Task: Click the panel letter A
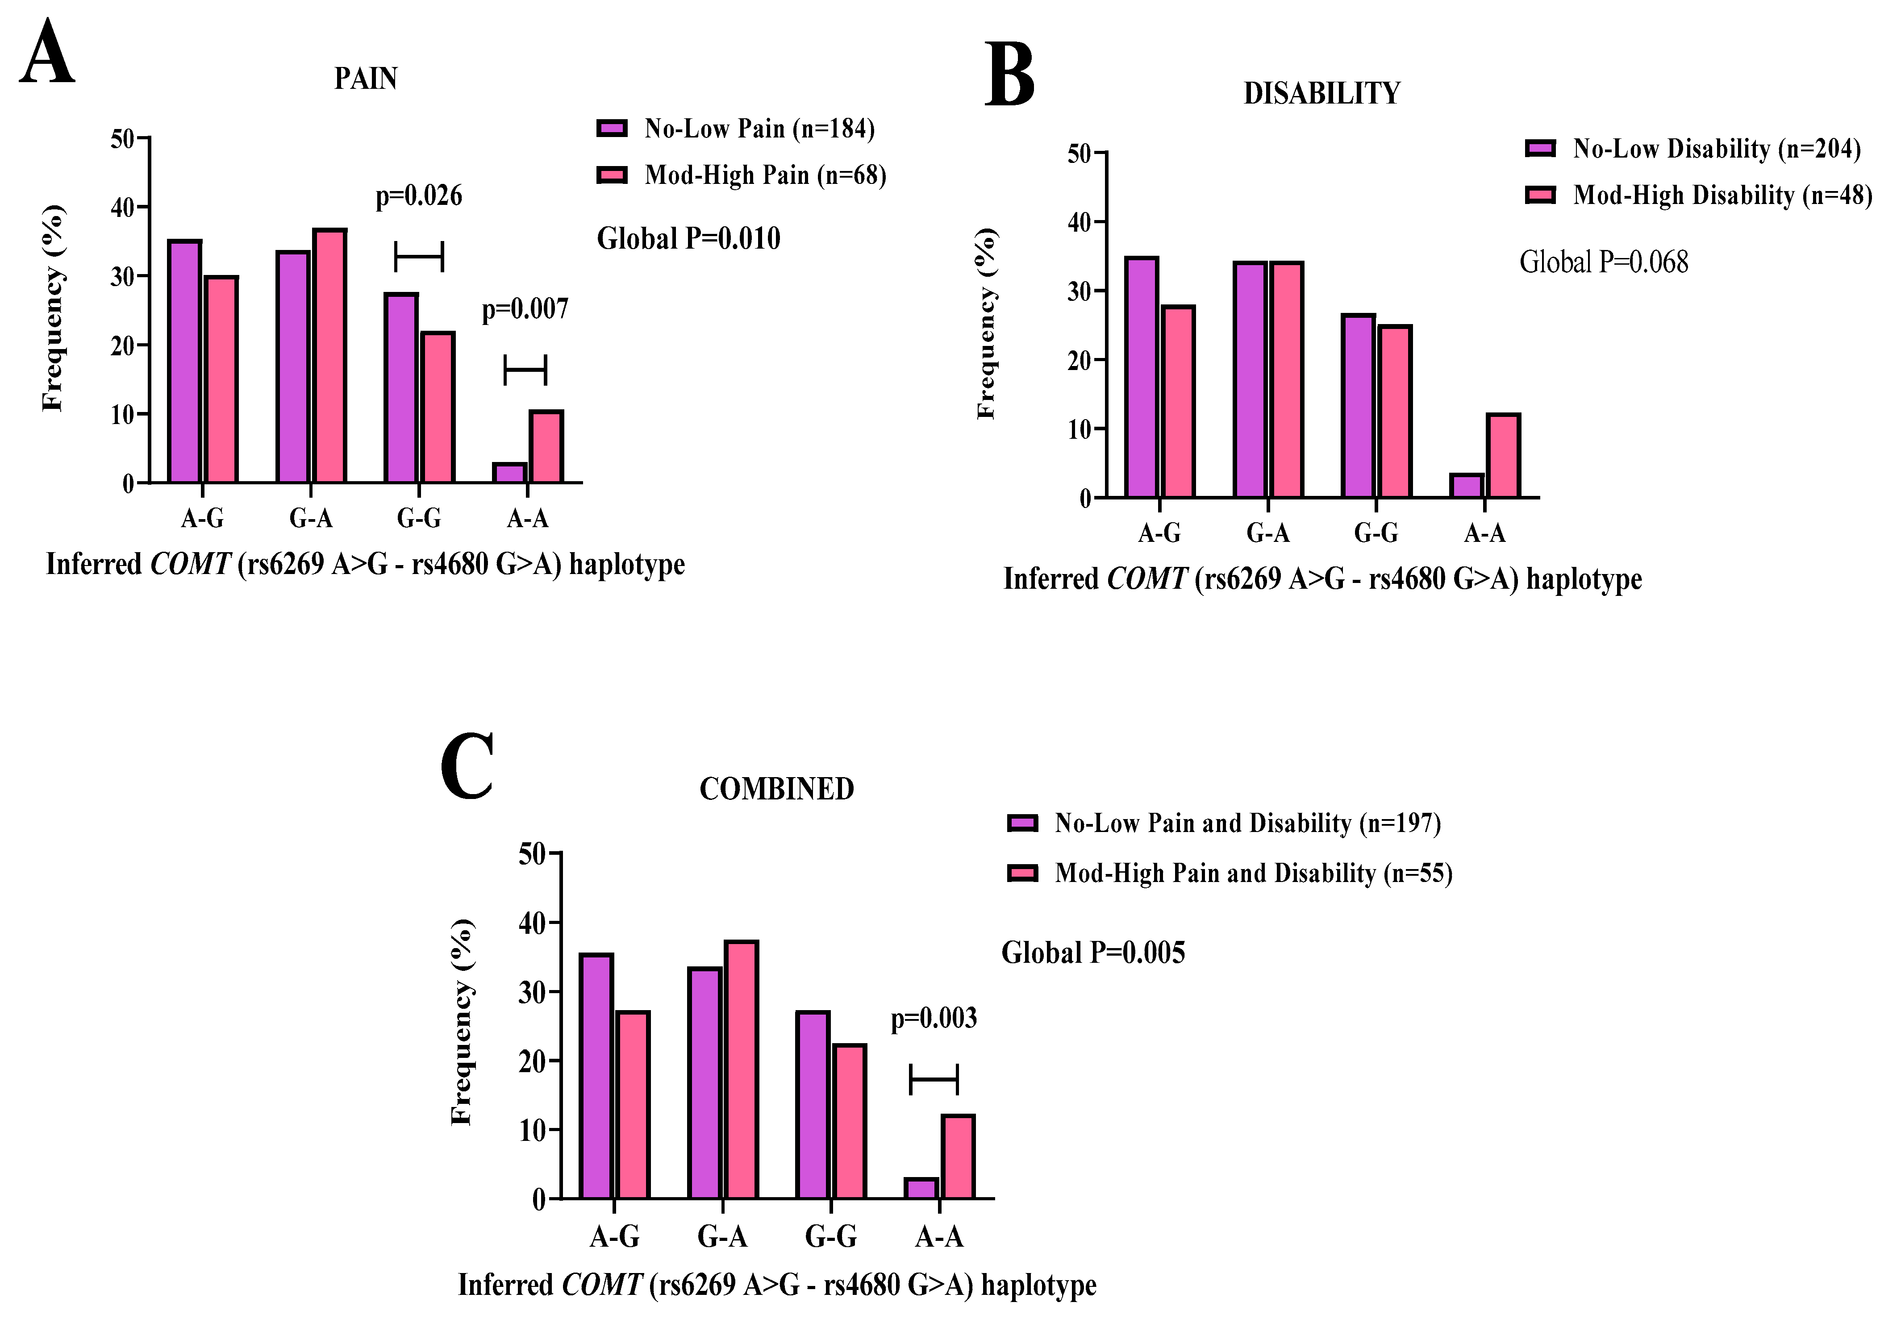coord(47,53)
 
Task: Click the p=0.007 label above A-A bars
coord(525,309)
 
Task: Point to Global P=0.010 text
coord(688,238)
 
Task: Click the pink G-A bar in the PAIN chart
coord(329,356)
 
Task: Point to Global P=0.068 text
coord(1603,262)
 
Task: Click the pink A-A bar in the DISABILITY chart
coord(1502,456)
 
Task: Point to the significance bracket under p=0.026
coord(418,256)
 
